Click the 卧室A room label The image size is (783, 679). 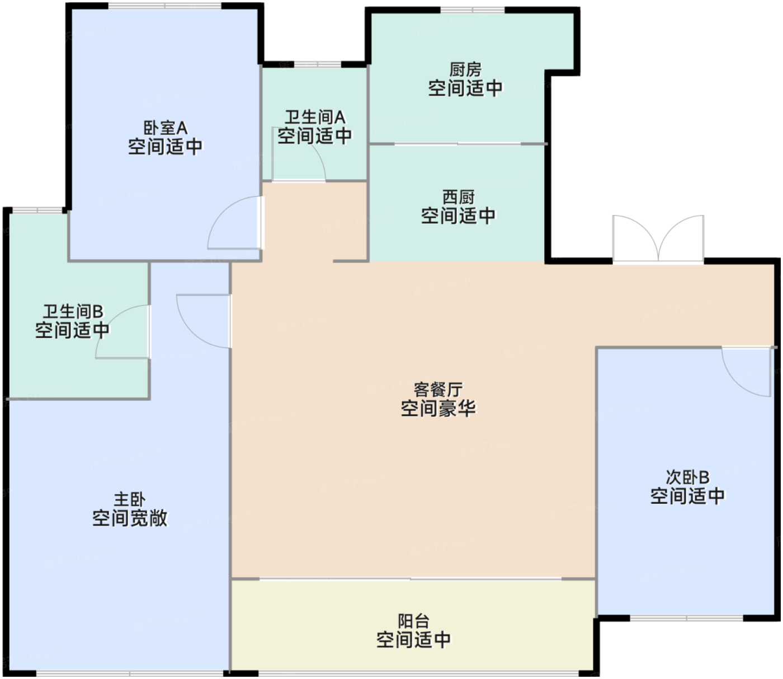click(x=165, y=128)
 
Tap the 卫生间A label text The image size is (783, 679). click(x=315, y=117)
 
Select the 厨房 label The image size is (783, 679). click(x=465, y=70)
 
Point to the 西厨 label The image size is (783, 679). click(x=459, y=197)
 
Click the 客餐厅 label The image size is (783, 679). click(x=438, y=390)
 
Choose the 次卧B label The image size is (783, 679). click(x=687, y=477)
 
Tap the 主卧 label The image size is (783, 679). click(x=130, y=500)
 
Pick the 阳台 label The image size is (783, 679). click(x=414, y=621)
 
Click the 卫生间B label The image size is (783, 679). click(x=73, y=312)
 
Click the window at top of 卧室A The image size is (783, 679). click(x=165, y=6)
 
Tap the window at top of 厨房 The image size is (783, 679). click(x=473, y=10)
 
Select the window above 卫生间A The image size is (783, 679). click(x=318, y=64)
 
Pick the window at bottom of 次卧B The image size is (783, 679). click(x=686, y=619)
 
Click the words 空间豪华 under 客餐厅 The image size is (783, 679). click(x=438, y=409)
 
